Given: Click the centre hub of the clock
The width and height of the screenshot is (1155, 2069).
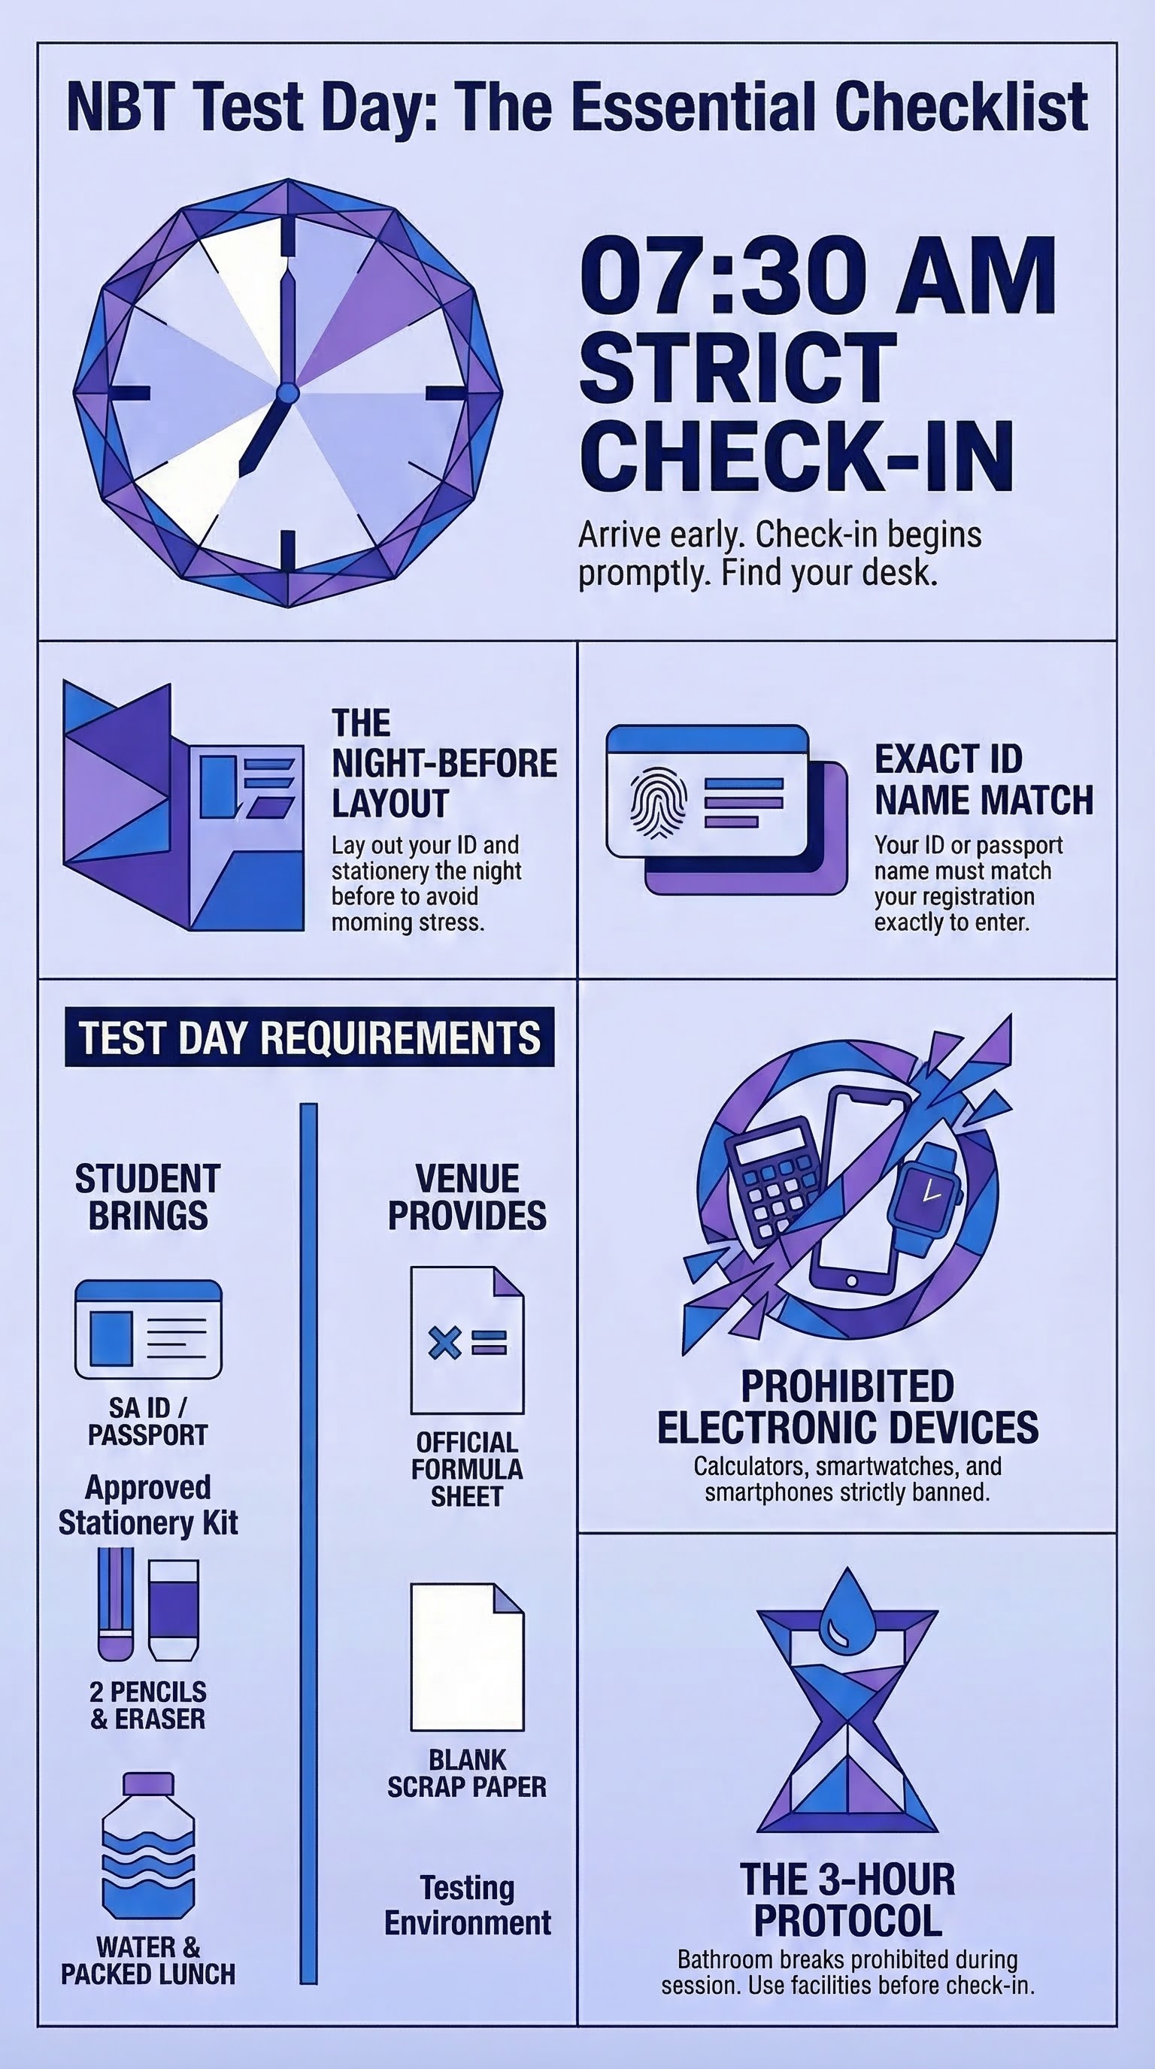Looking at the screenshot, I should click(287, 393).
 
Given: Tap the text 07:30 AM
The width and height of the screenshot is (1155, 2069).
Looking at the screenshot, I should click(817, 275).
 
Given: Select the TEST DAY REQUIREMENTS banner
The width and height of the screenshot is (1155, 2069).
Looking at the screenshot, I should click(309, 1037).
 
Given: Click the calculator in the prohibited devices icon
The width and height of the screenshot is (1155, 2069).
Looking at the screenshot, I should click(775, 1176).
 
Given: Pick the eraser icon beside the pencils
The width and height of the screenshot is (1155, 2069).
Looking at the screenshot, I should click(174, 1610).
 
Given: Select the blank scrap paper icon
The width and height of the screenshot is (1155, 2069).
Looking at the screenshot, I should click(467, 1657).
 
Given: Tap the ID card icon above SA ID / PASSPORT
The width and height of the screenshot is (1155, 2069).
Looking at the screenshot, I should click(149, 1329).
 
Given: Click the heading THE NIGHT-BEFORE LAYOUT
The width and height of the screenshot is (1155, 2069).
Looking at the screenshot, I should click(444, 763).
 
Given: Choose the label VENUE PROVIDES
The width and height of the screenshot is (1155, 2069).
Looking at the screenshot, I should click(468, 1198).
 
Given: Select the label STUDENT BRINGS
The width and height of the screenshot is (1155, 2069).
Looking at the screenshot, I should click(148, 1198).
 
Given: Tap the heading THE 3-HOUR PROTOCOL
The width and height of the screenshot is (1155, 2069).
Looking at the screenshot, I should click(847, 1900).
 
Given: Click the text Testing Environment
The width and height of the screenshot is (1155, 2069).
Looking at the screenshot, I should click(468, 1905).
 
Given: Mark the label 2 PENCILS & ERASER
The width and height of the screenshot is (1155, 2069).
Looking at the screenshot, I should click(149, 1705).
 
